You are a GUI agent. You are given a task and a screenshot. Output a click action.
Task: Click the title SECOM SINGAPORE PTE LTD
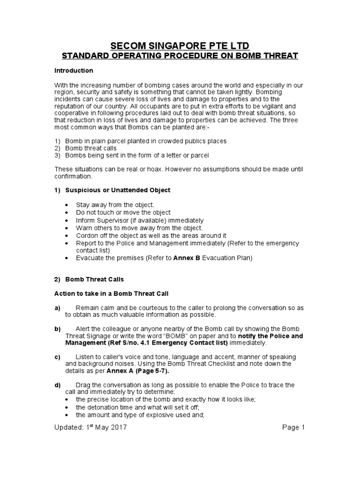tap(180, 45)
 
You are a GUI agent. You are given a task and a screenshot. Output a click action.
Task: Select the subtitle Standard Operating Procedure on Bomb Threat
tap(180, 56)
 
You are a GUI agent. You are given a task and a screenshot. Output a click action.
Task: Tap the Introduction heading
tap(74, 71)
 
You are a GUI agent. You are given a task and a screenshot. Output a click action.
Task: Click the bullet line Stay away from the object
tap(115, 205)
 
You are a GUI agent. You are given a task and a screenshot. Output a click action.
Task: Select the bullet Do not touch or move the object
tap(123, 212)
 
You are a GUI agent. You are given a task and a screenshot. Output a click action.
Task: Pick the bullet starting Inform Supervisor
tap(139, 220)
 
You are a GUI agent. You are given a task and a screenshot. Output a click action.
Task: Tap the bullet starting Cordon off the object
tap(151, 235)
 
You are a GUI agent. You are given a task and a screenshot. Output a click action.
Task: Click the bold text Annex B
tap(187, 258)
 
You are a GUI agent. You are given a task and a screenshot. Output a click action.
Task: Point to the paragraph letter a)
tap(58, 307)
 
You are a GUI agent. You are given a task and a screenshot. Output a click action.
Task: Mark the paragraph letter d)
tap(58, 385)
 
